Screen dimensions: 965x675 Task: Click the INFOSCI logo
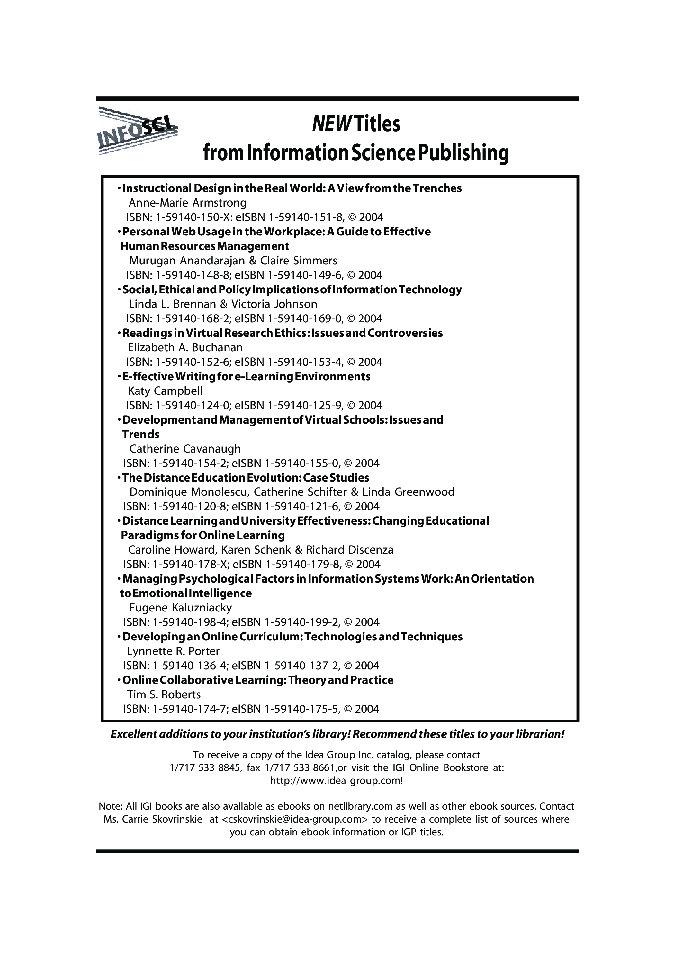[x=137, y=131]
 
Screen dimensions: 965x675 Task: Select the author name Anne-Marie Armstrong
[x=187, y=203]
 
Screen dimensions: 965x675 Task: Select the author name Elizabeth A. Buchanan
[x=185, y=348]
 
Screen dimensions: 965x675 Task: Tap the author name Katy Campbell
[x=165, y=391]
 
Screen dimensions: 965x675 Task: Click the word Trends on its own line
[x=141, y=434]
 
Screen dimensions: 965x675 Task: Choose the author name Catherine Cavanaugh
[x=185, y=449]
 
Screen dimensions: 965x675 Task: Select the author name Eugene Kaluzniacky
[x=180, y=608]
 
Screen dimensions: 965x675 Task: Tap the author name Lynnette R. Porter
[x=173, y=651]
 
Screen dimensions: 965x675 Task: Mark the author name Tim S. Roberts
[x=164, y=694]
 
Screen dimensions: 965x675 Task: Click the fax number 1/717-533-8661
[x=300, y=768]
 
